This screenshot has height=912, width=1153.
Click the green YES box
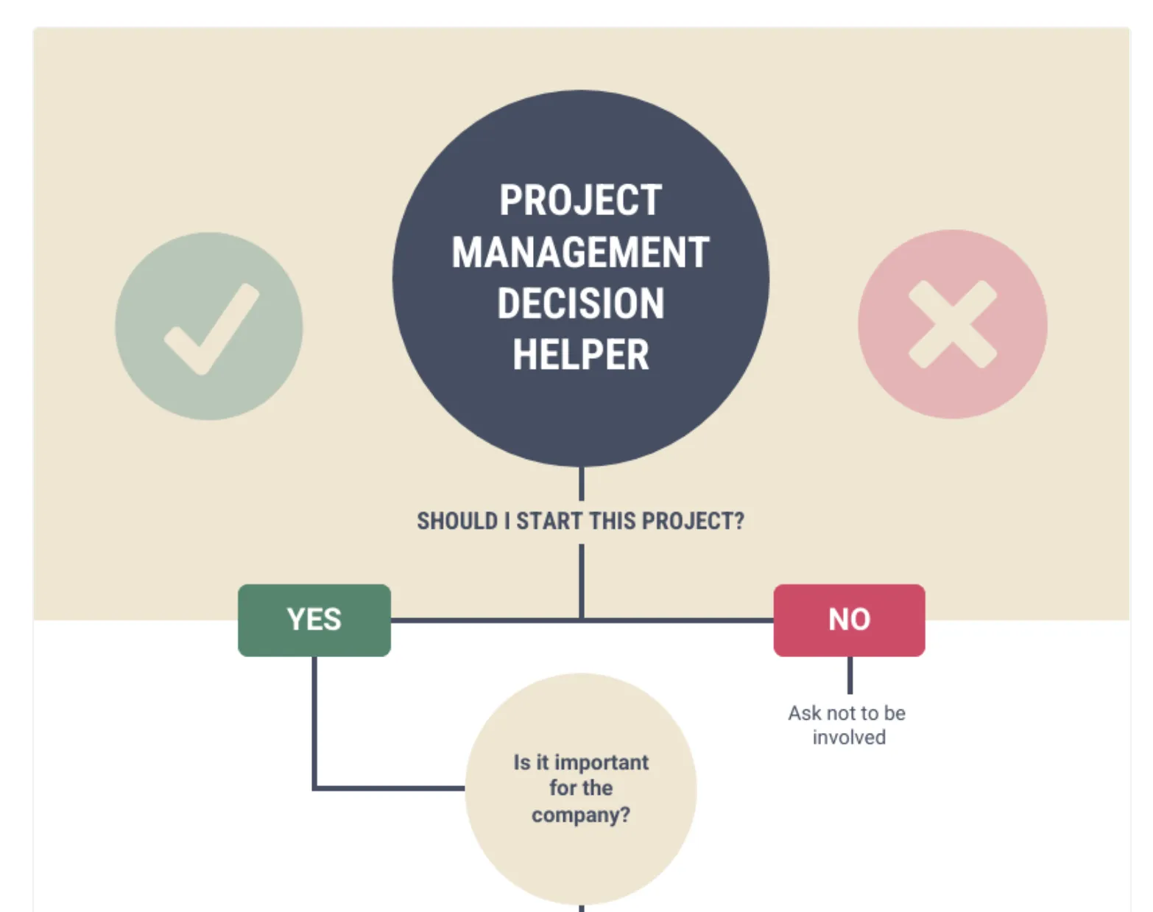314,620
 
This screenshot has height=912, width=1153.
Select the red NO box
849,620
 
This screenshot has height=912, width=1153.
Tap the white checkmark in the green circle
211,329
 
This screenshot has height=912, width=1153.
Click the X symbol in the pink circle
953,324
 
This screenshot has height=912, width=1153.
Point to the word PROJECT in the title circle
581,200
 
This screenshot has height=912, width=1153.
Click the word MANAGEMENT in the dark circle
581,252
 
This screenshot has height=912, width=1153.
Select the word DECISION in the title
581,304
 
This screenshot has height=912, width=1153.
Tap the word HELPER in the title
581,354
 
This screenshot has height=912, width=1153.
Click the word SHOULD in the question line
457,521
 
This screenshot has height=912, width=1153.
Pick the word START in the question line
549,521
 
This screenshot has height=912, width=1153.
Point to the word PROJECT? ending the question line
694,521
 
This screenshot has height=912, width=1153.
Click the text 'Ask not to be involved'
847,725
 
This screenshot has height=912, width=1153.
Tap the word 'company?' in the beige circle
581,815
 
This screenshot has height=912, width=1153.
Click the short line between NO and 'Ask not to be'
850,675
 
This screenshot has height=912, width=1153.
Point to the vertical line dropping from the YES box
314,722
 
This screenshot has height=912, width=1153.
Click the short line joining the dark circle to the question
582,483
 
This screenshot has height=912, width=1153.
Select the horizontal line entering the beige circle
389,788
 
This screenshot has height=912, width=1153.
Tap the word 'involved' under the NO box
849,737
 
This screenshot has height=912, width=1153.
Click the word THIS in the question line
612,521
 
